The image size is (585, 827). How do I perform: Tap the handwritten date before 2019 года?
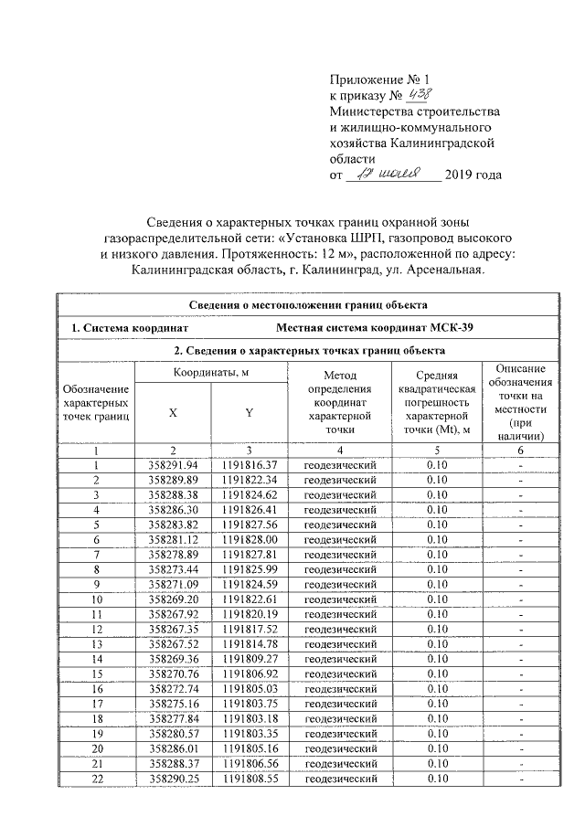pos(392,174)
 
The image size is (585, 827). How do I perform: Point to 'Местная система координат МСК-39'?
pos(375,327)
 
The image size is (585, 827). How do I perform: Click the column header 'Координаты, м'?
pos(210,372)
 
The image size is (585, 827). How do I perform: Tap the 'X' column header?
pos(172,412)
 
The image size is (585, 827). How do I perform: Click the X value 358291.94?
pos(172,466)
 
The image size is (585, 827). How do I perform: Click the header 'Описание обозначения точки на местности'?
pos(520,401)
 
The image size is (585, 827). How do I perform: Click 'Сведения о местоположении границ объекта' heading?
pos(309,304)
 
